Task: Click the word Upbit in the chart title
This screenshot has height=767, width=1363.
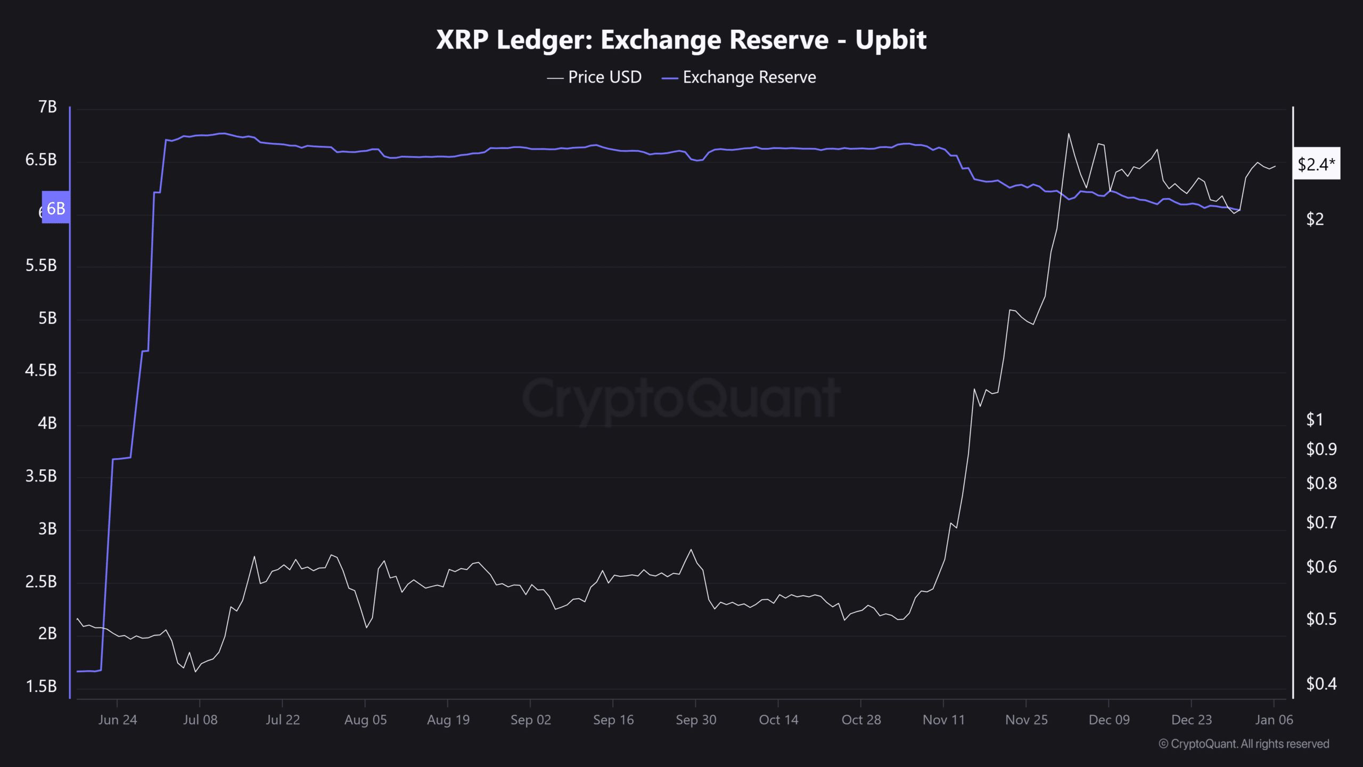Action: pos(891,39)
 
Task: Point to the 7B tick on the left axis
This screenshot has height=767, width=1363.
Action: pos(47,107)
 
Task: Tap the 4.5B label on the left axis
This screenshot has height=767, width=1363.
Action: pos(41,370)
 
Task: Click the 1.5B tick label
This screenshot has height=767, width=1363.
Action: pos(41,686)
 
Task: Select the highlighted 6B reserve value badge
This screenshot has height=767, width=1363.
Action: pos(56,208)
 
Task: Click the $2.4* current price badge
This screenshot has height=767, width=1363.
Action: pos(1316,164)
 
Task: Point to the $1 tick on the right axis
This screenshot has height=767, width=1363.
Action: pos(1315,420)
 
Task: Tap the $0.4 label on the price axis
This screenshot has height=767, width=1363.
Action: pos(1321,683)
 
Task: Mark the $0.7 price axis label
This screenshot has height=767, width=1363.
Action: pos(1321,523)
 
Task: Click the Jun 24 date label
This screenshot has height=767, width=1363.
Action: pos(118,720)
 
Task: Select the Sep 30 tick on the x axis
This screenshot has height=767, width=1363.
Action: pos(696,720)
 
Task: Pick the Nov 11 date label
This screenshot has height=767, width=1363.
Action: pos(943,720)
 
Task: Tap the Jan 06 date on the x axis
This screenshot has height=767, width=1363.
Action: pos(1274,720)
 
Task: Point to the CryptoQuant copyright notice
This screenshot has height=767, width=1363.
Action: pos(1244,744)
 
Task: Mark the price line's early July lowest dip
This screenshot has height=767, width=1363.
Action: pos(195,672)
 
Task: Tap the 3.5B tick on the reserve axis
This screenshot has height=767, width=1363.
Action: pos(41,476)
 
